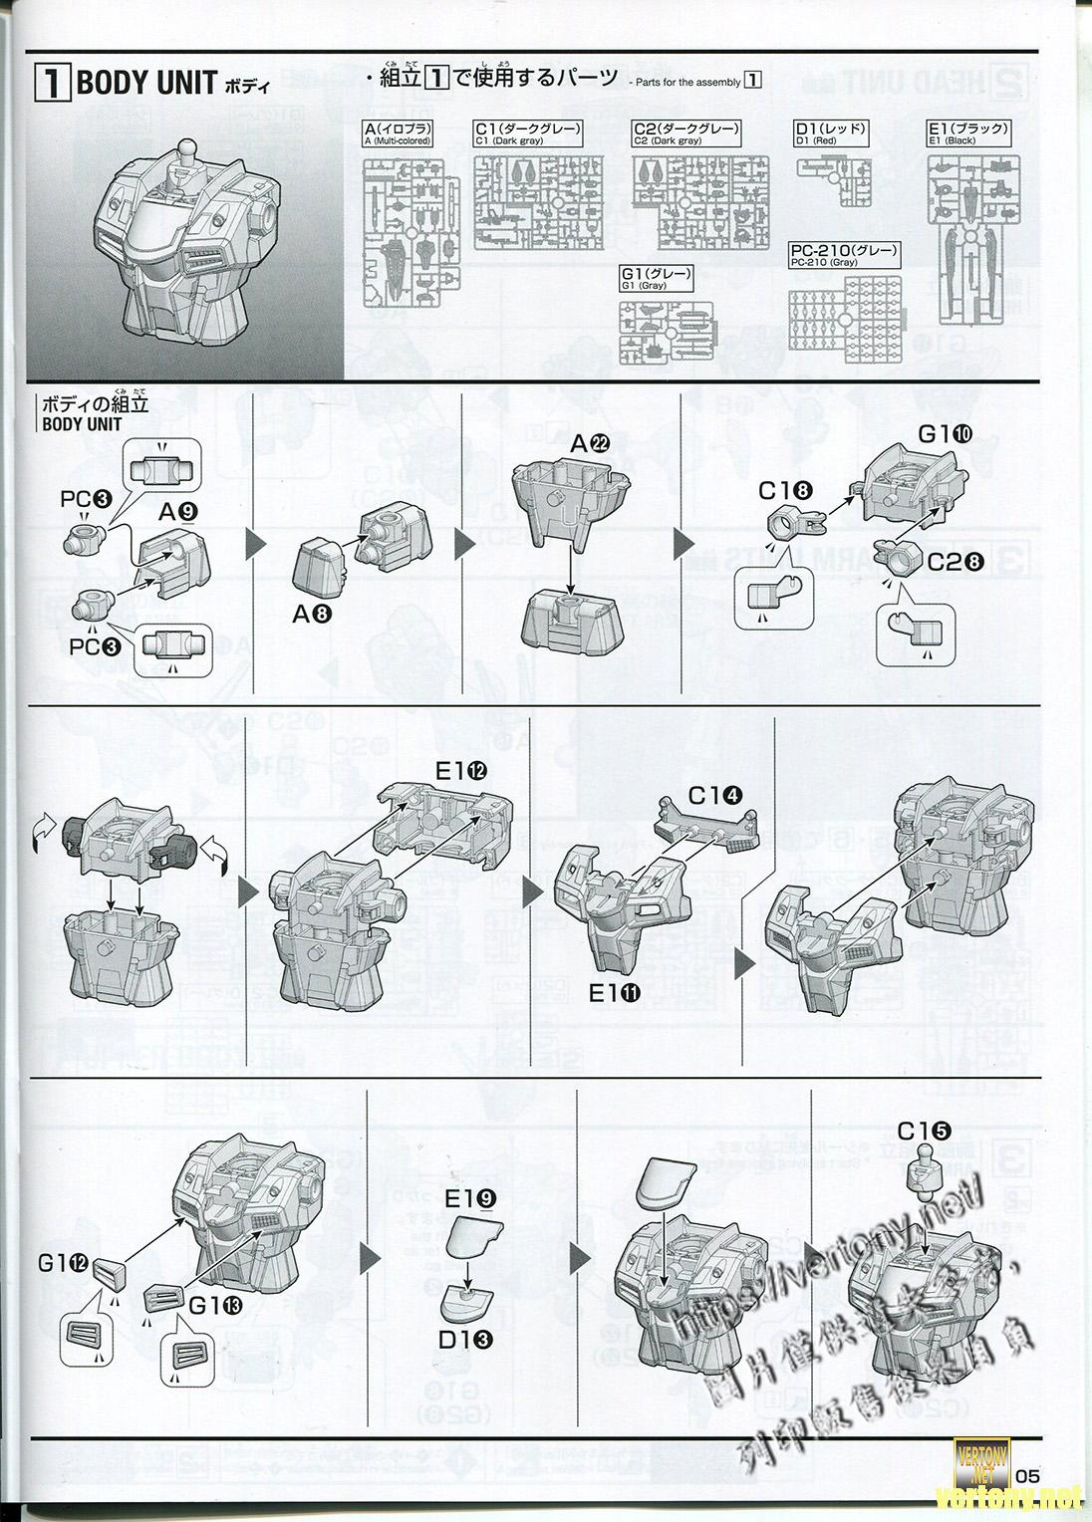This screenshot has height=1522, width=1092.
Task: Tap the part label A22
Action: point(588,446)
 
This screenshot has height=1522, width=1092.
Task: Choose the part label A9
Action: point(179,512)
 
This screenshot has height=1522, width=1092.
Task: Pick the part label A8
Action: point(312,614)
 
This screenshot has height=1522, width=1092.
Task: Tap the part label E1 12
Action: point(460,770)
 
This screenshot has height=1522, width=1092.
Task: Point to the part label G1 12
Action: point(66,1264)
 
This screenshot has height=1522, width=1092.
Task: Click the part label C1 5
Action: point(924,1132)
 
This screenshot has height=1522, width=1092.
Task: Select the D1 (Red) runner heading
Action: point(831,132)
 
